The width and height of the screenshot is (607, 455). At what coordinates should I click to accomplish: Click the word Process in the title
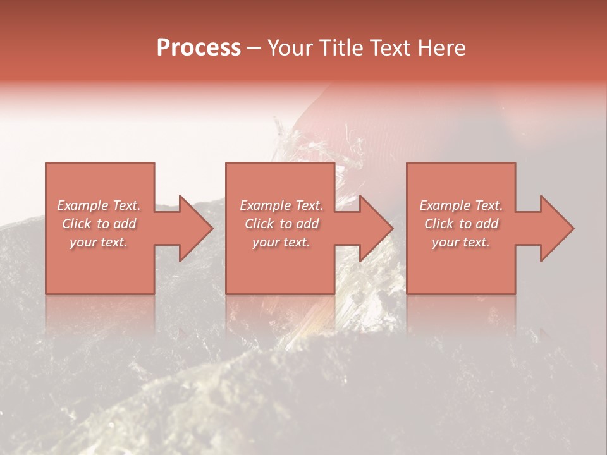(199, 48)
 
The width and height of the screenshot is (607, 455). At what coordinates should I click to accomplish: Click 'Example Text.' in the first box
(99, 205)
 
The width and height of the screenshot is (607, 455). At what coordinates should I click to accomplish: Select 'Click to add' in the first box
(99, 224)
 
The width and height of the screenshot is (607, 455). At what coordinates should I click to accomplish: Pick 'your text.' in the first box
(99, 242)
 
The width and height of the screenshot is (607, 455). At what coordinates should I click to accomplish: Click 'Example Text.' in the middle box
(281, 205)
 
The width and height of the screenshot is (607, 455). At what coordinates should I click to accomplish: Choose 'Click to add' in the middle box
(281, 224)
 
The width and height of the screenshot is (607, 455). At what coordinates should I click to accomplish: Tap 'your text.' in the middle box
(281, 242)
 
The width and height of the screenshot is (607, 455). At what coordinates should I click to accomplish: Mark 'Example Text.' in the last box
(461, 205)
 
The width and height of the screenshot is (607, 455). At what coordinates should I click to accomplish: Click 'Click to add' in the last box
(461, 224)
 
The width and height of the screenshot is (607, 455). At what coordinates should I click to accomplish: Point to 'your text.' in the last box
(461, 242)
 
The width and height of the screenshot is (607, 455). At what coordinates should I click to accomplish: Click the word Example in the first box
(83, 205)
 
